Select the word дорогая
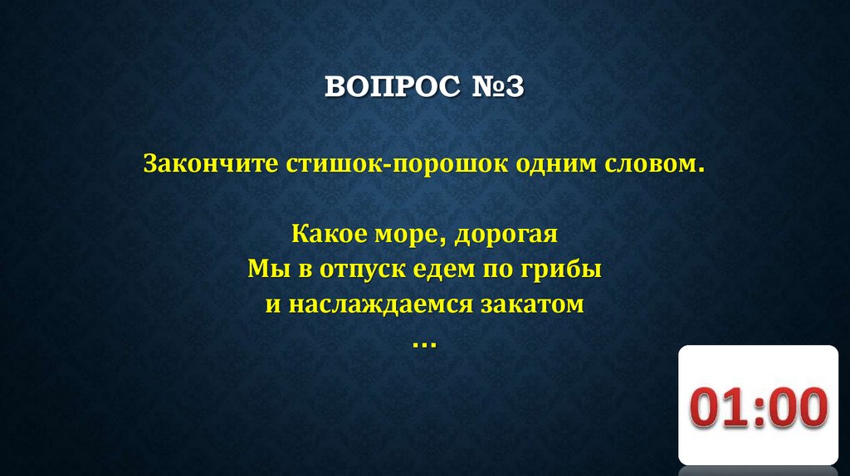[510, 235]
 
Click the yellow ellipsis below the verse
[424, 342]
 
